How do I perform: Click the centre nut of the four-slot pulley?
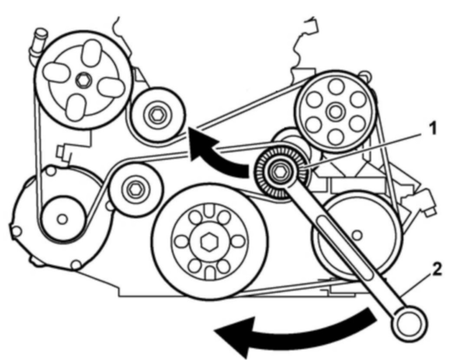point(82,80)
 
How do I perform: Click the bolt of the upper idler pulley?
point(156,115)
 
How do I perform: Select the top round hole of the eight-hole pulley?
point(334,86)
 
